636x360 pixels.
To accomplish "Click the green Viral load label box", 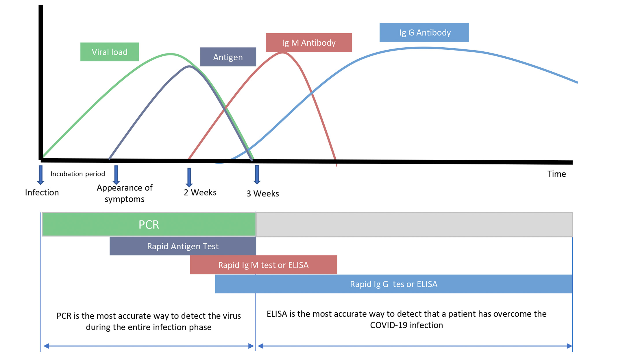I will click(x=110, y=52).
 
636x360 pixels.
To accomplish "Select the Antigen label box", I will click(x=228, y=57).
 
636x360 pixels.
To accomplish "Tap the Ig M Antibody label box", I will click(x=309, y=43).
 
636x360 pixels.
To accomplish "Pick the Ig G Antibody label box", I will click(x=424, y=32).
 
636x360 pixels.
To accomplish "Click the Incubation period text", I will click(x=78, y=174).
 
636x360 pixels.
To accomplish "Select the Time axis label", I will click(x=556, y=174).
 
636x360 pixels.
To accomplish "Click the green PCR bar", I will click(x=149, y=224).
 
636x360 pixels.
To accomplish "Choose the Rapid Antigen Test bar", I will click(x=183, y=246).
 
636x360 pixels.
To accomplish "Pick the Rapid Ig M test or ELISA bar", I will click(x=263, y=265).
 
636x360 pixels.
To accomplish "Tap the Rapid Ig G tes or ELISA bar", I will click(x=394, y=284).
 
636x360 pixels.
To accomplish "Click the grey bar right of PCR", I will click(x=414, y=224).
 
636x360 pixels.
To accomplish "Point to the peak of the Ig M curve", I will click(x=282, y=53).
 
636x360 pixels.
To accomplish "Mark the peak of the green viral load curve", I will click(x=171, y=54).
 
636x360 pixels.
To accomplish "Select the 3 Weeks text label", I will click(x=262, y=194).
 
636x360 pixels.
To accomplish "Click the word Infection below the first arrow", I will click(x=42, y=192).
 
